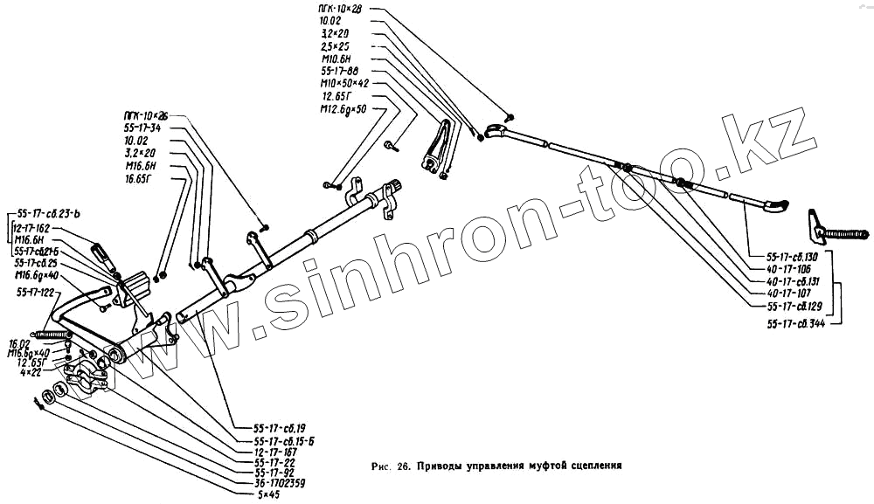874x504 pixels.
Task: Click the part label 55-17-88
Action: pyautogui.click(x=340, y=71)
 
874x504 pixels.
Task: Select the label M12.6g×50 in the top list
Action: pyautogui.click(x=343, y=109)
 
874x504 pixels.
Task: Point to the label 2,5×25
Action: pyautogui.click(x=336, y=45)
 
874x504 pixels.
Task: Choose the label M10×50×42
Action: pyautogui.click(x=344, y=83)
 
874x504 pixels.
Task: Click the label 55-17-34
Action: pyautogui.click(x=142, y=128)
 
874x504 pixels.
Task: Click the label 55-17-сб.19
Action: pyautogui.click(x=280, y=429)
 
